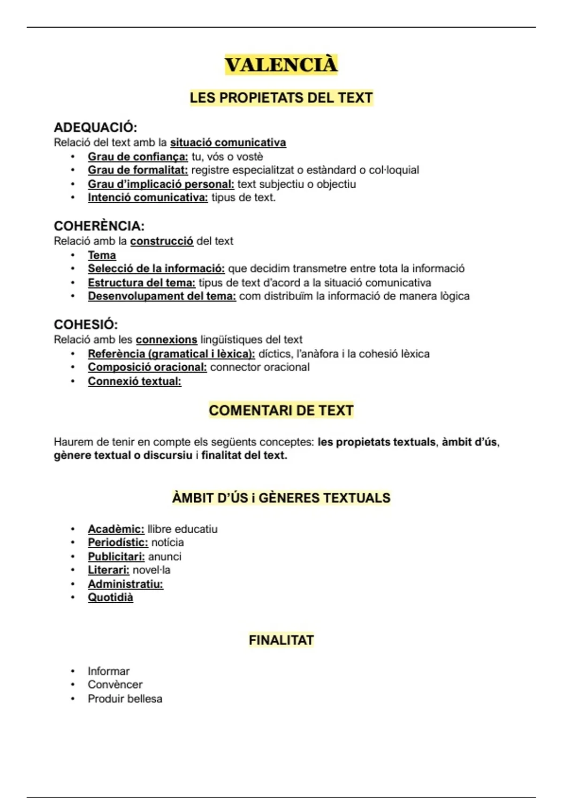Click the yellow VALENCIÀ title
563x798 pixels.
pos(281,65)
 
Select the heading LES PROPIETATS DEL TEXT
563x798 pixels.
pos(281,98)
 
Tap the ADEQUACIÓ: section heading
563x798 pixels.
pos(95,127)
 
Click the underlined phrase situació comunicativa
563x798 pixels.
pos(228,142)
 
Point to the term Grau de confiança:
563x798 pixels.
pos(137,157)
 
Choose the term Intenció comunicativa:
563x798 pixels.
pos(147,198)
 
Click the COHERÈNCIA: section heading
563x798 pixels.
pos(99,226)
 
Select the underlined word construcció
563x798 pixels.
pos(161,241)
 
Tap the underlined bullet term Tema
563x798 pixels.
pos(102,255)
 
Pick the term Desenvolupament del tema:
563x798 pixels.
pos(162,296)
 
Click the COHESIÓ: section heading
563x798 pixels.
pos(86,324)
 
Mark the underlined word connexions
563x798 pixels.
pos(167,339)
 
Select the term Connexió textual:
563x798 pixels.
pos(134,381)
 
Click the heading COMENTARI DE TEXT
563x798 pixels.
pos(281,410)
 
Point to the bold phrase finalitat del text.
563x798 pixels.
pos(244,455)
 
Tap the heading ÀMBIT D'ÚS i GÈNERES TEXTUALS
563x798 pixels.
pos(281,498)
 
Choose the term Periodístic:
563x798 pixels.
pos(118,543)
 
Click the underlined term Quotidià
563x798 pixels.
pos(110,598)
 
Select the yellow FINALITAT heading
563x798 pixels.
pos(281,640)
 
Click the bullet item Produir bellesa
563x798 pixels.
pos(125,698)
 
